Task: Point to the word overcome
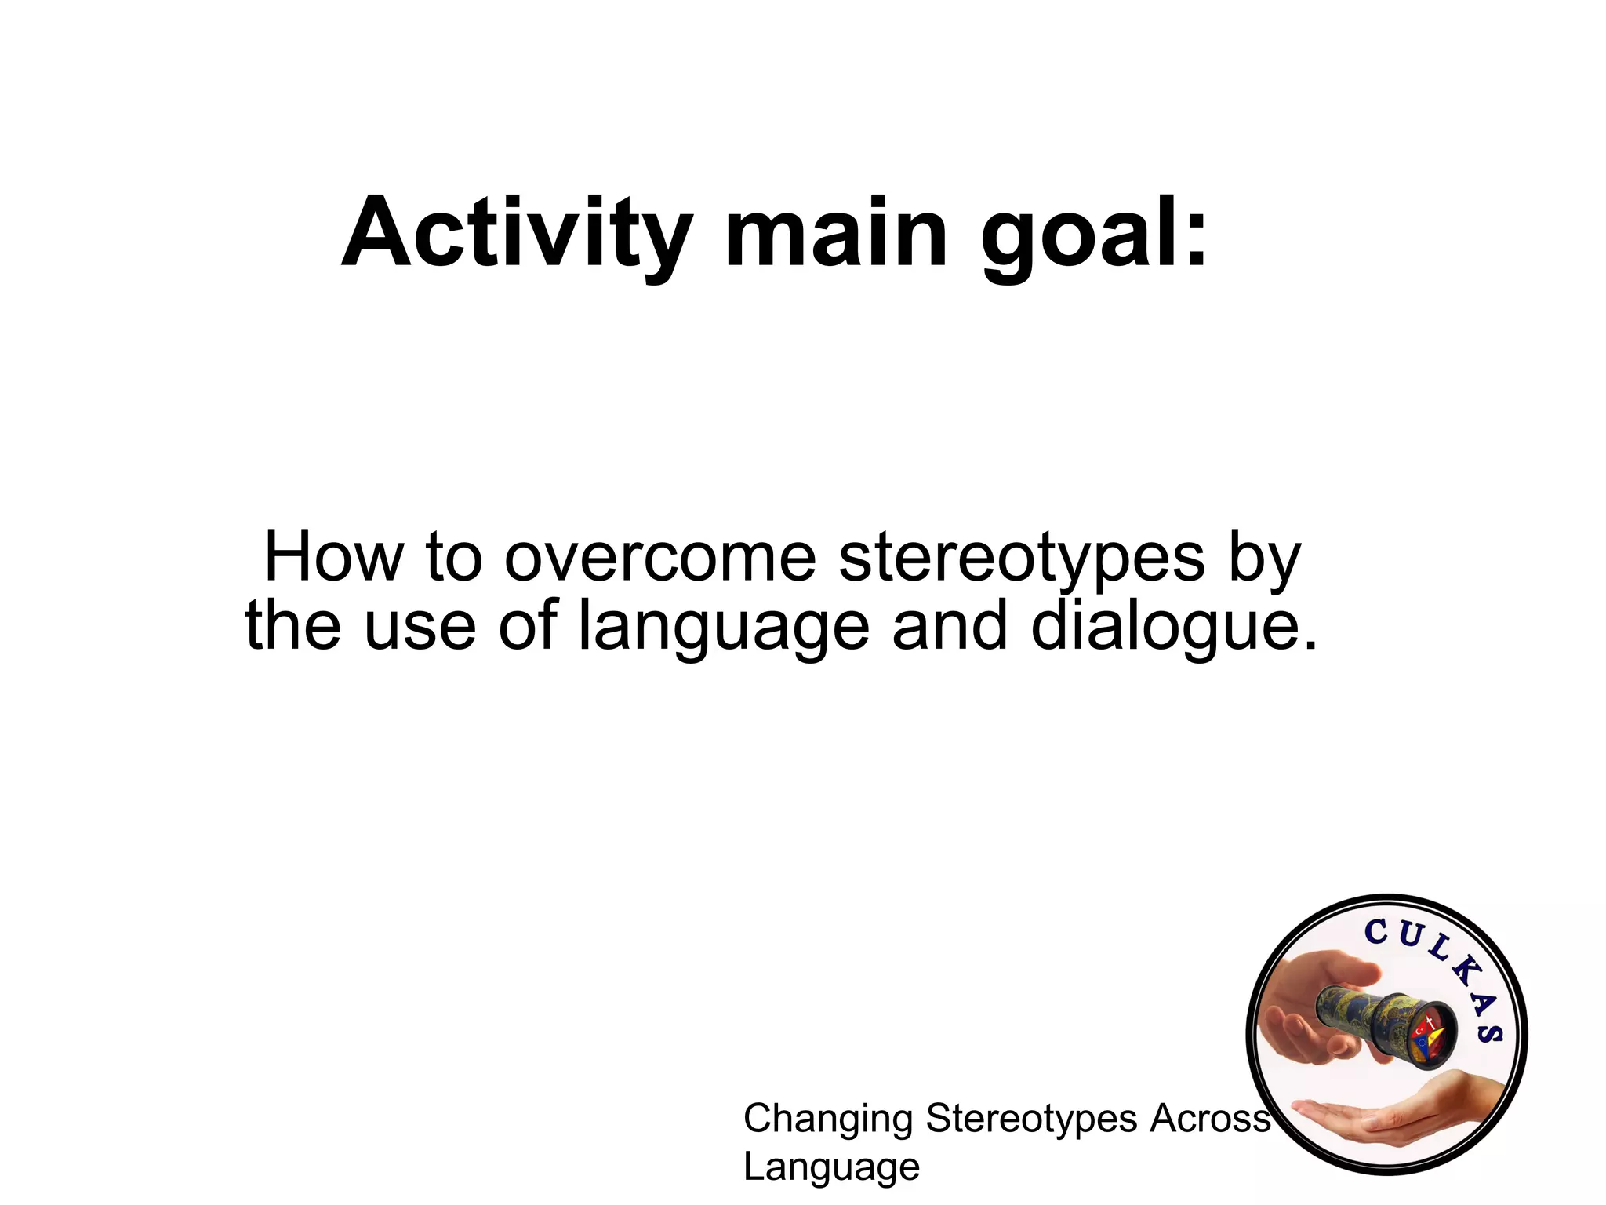[660, 558]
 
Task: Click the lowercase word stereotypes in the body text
[1022, 559]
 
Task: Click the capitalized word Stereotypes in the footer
[1031, 1119]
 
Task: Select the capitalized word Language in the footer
[831, 1167]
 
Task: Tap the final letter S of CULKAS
[1489, 1031]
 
